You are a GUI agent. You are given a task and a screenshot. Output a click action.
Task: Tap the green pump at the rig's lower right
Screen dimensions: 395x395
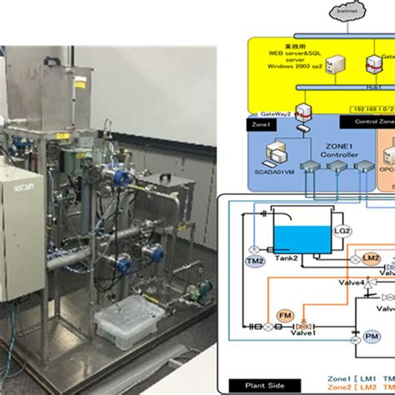194,292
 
